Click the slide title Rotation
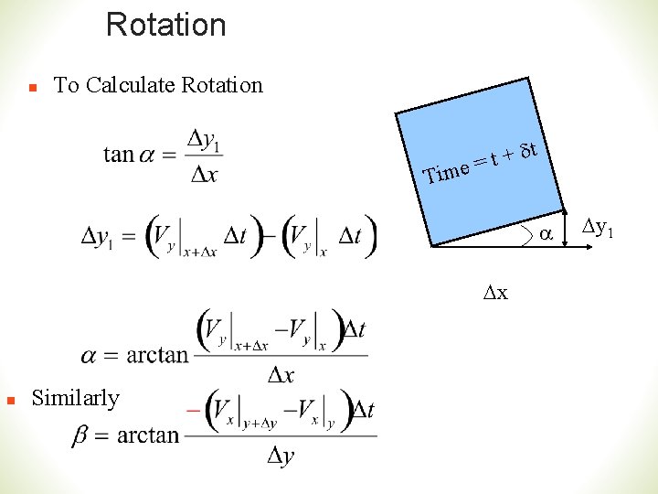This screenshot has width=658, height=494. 165,25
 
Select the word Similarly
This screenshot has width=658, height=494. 76,398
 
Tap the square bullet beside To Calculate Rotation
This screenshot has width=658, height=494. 31,89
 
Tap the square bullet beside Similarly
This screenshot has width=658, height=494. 8,401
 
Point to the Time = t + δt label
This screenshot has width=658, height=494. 484,161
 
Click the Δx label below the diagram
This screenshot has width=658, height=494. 497,293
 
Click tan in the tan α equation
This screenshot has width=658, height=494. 119,154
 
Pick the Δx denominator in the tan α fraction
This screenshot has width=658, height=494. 204,174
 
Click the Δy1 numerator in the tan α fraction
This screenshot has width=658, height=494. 205,140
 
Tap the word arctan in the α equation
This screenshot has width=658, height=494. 157,354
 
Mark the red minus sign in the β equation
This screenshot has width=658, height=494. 193,410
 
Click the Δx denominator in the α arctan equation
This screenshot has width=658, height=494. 281,375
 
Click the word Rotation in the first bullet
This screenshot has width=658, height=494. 222,85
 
